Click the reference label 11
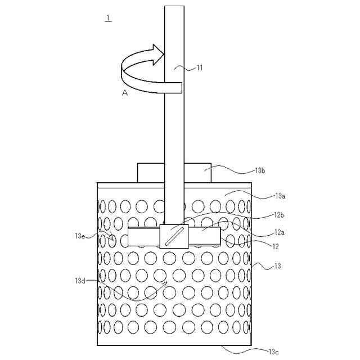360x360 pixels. [x=199, y=68]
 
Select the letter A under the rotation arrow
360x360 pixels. [x=125, y=93]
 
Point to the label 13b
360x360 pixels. [x=260, y=170]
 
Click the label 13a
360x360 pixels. [x=281, y=196]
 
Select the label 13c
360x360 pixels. [x=273, y=352]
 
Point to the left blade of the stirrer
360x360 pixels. [x=144, y=236]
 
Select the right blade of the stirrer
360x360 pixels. [x=205, y=236]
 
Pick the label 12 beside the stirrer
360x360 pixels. [x=275, y=246]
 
